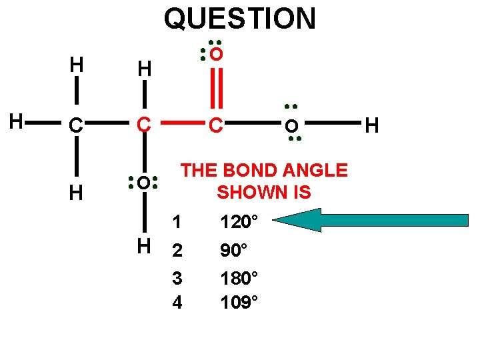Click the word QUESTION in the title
click(x=239, y=19)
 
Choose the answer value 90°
click(x=234, y=251)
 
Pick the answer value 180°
click(x=238, y=277)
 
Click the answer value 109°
click(x=238, y=302)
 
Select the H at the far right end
click(x=372, y=125)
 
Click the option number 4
click(x=177, y=303)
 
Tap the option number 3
click(x=177, y=277)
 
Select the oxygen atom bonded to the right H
click(x=291, y=125)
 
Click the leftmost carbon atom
click(x=77, y=125)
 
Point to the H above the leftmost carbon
click(x=77, y=65)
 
